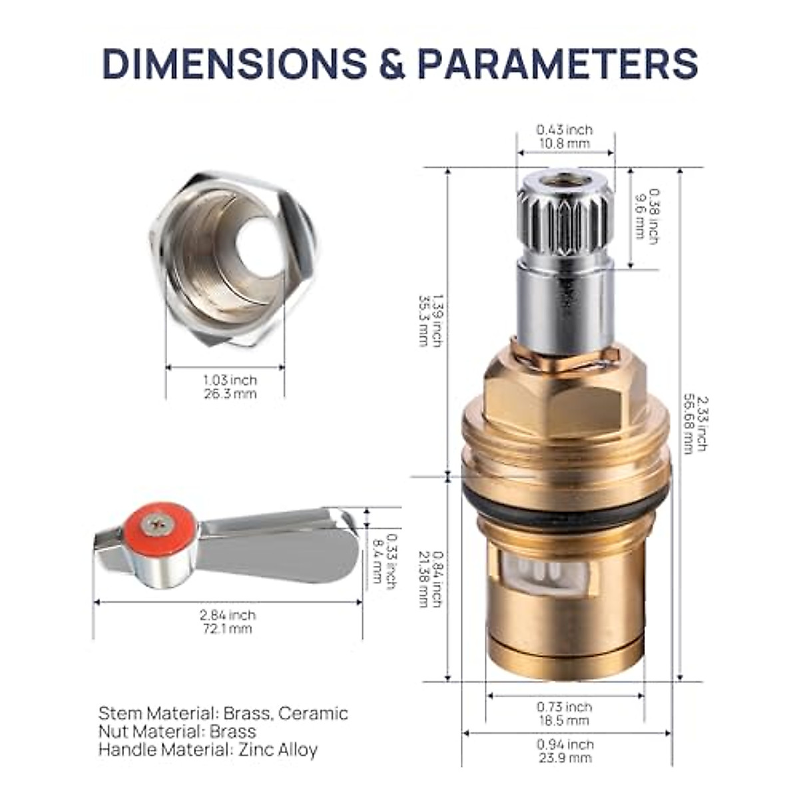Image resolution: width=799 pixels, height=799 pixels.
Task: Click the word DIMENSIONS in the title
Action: pos(233,64)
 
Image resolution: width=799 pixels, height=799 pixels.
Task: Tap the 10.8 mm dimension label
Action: pos(564,143)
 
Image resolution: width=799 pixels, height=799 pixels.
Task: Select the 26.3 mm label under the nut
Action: pos(230,394)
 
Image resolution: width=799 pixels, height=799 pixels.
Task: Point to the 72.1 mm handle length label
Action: pos(227,628)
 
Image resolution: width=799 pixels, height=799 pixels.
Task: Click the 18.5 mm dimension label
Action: pos(564,720)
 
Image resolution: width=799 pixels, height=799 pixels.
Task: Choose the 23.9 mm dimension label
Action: pos(564,758)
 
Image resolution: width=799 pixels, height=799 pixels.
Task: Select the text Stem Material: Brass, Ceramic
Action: pos(223,713)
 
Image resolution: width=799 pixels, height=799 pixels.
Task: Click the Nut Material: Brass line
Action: pos(177,732)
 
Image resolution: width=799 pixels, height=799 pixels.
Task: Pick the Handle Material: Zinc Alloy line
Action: pos(208,750)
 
